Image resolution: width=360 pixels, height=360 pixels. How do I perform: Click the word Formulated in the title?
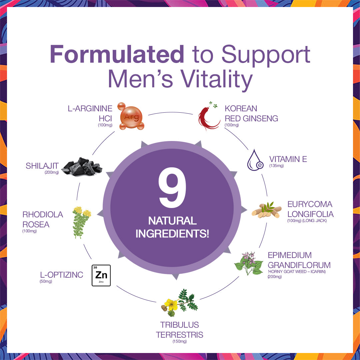click(x=117, y=54)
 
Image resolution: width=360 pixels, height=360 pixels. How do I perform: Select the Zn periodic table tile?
click(x=101, y=275)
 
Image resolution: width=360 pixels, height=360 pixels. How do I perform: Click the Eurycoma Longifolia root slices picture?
click(x=267, y=210)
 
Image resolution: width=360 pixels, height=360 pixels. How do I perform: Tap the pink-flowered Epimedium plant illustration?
click(x=249, y=263)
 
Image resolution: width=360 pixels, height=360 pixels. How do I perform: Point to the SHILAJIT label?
click(x=42, y=166)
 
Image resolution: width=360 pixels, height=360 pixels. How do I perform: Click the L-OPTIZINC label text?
click(x=62, y=275)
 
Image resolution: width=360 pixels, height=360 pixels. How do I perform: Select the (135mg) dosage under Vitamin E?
click(x=276, y=166)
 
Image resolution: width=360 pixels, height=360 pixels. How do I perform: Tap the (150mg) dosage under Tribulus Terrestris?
click(x=180, y=341)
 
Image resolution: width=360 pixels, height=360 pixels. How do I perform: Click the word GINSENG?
click(x=260, y=118)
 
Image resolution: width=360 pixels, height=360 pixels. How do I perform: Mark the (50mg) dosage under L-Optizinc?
click(x=46, y=281)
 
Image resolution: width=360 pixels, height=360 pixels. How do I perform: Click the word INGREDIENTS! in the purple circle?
click(x=172, y=234)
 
